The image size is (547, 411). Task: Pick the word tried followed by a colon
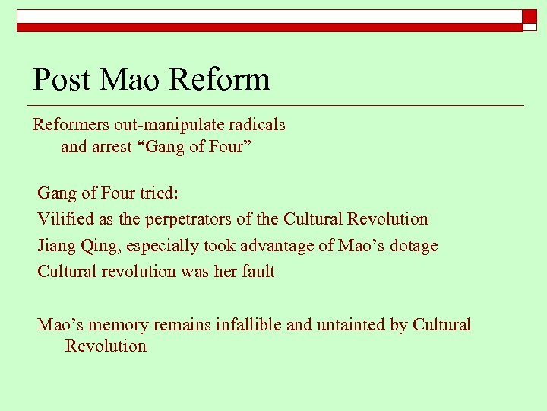(x=158, y=193)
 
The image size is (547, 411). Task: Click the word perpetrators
(x=188, y=219)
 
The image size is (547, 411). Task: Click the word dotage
(x=413, y=246)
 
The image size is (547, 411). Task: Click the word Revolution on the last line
(x=106, y=346)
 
